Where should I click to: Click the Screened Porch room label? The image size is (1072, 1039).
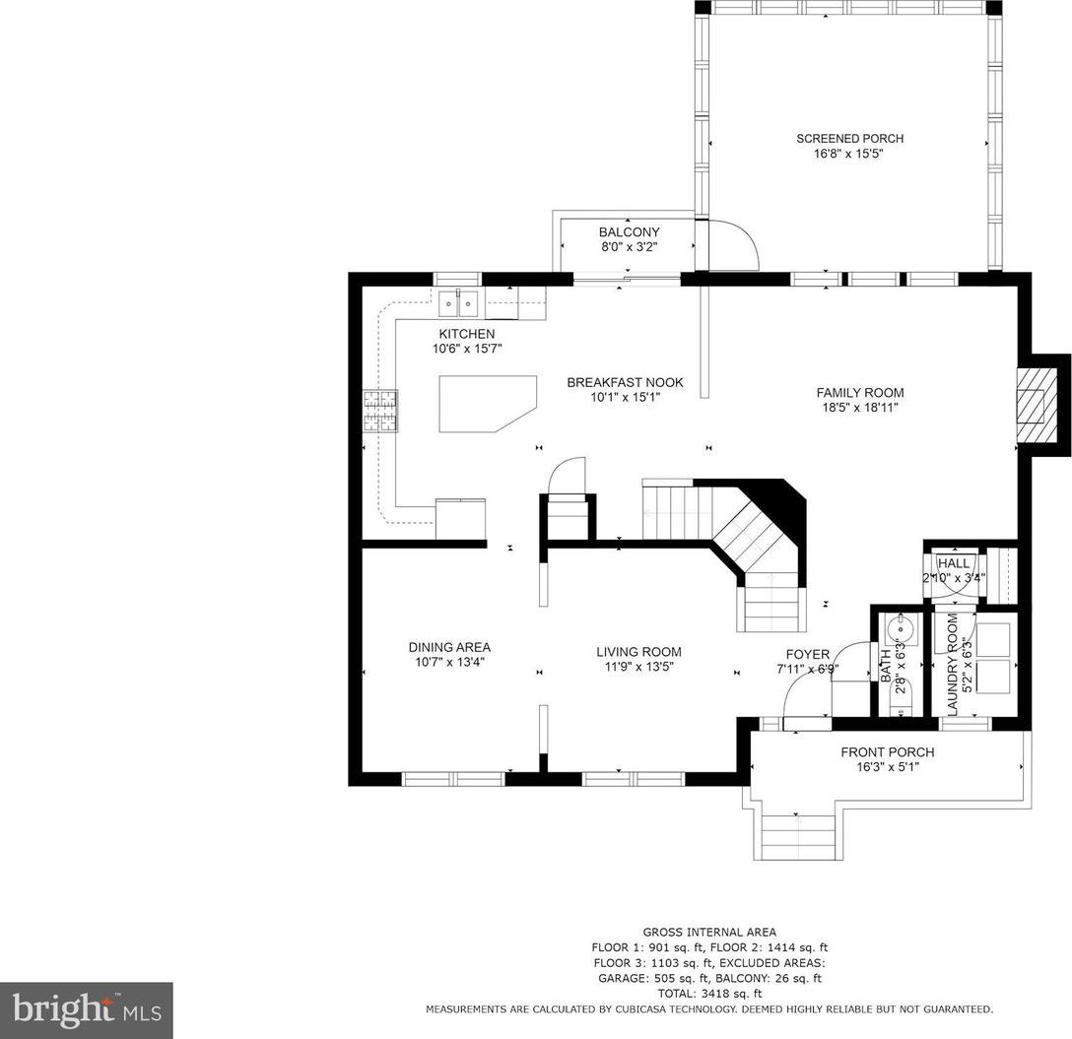849,139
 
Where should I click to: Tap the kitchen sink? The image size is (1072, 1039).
458,302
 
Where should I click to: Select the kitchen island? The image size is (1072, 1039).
488,404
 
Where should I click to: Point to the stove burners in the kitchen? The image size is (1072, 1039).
380,411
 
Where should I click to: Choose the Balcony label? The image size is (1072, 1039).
629,232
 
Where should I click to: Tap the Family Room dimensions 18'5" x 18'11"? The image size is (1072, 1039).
860,408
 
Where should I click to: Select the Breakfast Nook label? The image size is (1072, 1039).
625,383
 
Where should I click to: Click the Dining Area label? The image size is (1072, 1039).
449,647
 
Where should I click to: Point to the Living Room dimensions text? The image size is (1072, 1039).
638,667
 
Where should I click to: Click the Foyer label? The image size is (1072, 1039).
807,654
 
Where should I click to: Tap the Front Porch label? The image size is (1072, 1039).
888,751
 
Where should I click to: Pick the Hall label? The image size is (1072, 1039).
953,563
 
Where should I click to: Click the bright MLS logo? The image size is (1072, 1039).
86,1010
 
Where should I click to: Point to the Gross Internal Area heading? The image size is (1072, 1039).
709,932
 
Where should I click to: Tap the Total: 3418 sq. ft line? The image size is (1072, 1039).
709,993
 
